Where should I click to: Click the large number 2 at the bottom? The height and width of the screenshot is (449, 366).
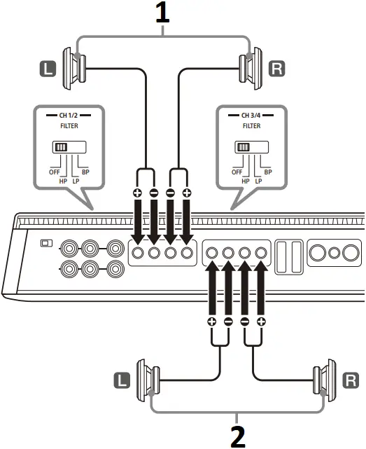238,434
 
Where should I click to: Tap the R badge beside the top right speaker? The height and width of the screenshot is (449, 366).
278,68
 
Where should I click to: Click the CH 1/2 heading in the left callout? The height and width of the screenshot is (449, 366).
68,115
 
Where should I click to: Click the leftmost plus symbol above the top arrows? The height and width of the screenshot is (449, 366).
138,193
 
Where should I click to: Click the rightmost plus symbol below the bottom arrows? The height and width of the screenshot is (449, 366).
261,322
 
